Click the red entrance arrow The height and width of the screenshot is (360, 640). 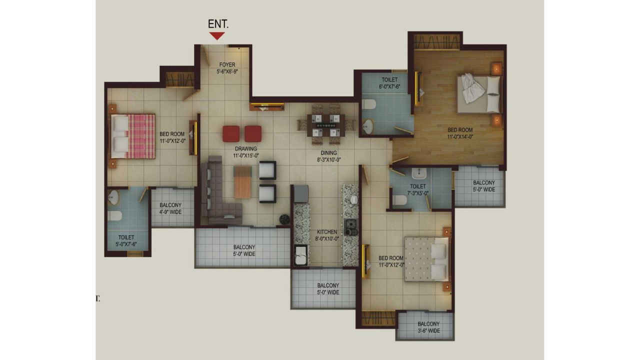click(217, 35)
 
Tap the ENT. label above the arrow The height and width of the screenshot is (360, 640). click(218, 24)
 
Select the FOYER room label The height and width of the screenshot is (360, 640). click(227, 65)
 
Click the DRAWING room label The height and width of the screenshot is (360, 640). click(246, 149)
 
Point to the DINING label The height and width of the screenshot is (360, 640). click(328, 153)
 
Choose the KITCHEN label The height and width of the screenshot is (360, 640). click(327, 232)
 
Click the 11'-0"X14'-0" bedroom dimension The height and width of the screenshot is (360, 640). click(460, 137)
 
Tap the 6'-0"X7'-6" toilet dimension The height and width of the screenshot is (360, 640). click(389, 86)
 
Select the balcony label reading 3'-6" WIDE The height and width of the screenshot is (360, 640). click(428, 331)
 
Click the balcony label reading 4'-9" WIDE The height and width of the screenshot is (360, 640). click(170, 212)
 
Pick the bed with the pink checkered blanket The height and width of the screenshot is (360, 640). click(133, 136)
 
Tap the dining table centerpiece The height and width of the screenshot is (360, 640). click(325, 125)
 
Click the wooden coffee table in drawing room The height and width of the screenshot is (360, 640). click(242, 182)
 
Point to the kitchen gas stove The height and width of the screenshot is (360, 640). click(351, 227)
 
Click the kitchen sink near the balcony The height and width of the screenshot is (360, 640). click(300, 255)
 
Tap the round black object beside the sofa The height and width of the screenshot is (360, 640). click(284, 219)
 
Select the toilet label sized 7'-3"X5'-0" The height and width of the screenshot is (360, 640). click(417, 189)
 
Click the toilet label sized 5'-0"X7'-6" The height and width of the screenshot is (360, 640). click(126, 241)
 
